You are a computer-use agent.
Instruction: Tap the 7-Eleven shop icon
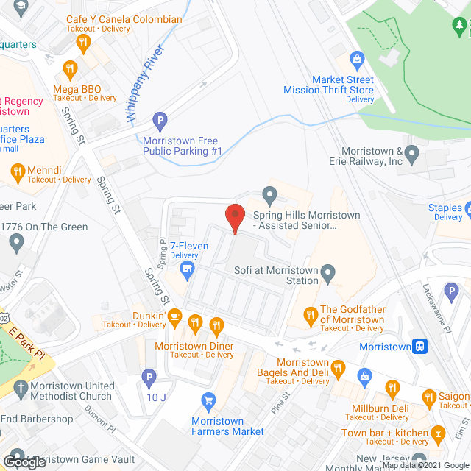[x=188, y=269]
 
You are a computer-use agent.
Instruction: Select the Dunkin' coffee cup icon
[x=174, y=316]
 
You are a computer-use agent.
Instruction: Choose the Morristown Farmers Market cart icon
[x=208, y=400]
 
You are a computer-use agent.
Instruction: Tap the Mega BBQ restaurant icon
[x=70, y=68]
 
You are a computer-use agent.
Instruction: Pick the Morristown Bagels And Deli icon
[x=338, y=367]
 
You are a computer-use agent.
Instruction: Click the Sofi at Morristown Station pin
[x=329, y=274]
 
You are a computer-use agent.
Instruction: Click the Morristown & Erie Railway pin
[x=413, y=155]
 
